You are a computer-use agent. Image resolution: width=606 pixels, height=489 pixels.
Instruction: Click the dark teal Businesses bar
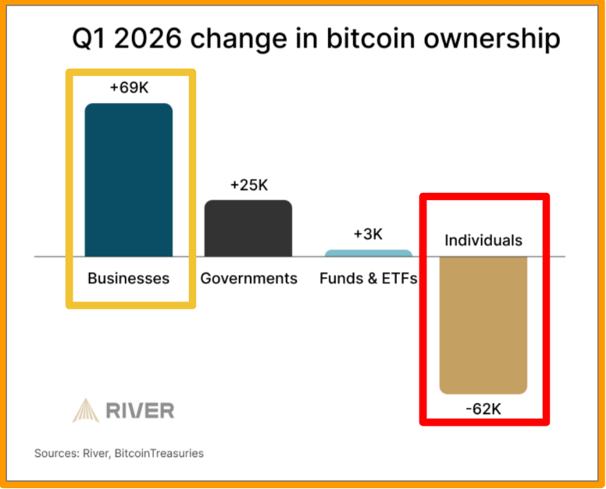point(129,180)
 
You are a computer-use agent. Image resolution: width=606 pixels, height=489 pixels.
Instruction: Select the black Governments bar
point(248,228)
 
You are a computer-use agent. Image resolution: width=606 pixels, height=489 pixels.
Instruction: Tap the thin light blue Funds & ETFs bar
point(368,253)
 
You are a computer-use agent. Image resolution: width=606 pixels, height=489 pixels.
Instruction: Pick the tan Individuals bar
point(483,324)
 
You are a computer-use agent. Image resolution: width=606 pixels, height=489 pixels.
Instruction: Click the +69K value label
point(129,87)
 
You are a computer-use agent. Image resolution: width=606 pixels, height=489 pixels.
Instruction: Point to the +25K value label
point(248,185)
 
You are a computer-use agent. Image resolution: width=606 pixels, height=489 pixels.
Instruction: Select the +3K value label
point(368,234)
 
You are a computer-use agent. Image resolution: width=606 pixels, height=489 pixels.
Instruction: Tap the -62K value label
point(483,408)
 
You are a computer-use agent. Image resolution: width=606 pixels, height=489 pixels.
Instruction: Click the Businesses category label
point(129,278)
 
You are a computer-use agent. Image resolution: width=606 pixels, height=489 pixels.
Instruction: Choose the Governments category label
point(249,278)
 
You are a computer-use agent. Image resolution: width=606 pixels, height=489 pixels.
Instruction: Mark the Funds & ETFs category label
point(369,278)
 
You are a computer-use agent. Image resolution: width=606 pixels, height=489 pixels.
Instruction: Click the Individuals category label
point(483,240)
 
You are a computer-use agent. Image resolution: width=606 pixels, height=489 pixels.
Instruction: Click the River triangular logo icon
point(87,409)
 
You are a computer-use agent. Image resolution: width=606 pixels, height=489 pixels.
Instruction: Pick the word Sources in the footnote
point(55,453)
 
